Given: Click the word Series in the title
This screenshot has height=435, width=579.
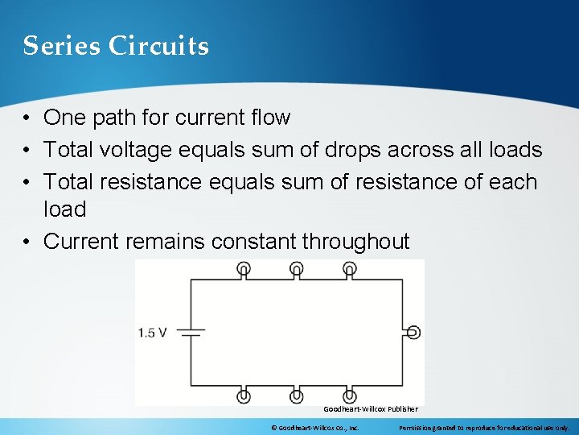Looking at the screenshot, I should coord(60,46).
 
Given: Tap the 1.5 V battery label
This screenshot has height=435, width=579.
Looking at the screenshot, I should coord(153,332).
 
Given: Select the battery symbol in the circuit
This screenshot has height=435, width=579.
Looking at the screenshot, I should coord(191,332).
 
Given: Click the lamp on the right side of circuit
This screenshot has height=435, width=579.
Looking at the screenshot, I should coord(413,332).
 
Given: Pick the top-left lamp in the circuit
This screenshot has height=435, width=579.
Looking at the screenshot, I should coord(244,268).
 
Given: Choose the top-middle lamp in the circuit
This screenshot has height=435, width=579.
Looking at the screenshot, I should coord(296,268).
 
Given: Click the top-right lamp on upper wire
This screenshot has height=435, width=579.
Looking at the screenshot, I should coord(350,268).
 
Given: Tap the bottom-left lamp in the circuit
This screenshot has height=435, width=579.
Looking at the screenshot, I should coord(244,396).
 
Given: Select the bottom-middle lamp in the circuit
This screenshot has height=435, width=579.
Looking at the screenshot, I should coord(296,396).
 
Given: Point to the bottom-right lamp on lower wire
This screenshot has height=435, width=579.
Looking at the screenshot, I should coord(350,396).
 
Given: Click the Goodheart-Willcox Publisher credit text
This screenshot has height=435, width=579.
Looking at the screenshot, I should coord(371,409).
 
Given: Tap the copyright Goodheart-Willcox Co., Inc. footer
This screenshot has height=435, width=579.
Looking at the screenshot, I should coord(314,427).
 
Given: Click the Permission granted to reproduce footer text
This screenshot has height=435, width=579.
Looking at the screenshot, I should coord(483,427).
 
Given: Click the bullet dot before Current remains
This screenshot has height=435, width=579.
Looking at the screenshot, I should coord(27,242).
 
